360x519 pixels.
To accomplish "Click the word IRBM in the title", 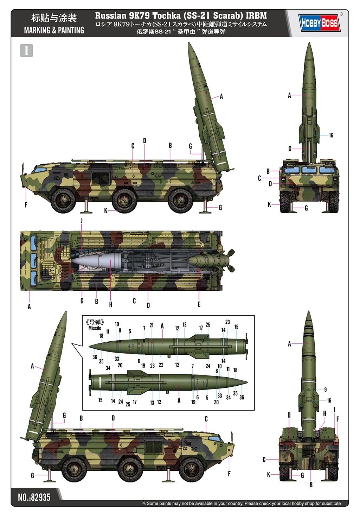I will point(256,16).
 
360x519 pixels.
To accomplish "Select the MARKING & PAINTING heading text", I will point(54,30).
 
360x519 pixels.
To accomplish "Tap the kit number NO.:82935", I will point(34,497).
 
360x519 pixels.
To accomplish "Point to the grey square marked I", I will point(26,51).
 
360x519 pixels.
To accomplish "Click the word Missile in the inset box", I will point(95,328).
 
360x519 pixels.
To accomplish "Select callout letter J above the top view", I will point(82,221).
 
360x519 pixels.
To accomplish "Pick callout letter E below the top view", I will point(199,304).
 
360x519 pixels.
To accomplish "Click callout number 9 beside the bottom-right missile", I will point(325,390).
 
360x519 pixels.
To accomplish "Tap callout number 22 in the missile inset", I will point(161,365).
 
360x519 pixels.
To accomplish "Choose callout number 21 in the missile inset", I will point(152,325).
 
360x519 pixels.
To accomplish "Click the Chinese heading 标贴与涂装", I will point(54,18).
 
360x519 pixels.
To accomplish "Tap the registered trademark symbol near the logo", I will point(341,14).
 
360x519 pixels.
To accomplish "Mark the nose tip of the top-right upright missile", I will point(309,43).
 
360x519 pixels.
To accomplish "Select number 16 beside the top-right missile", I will point(331,135).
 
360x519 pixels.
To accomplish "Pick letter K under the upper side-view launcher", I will point(105,211).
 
